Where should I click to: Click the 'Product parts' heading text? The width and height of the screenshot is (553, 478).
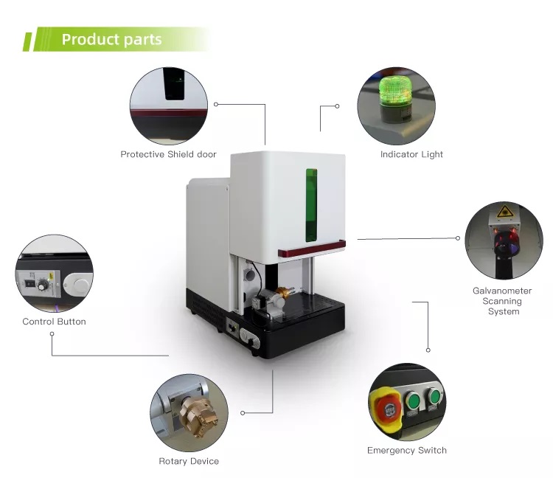[111, 39]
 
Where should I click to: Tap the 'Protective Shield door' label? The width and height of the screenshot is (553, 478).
[168, 155]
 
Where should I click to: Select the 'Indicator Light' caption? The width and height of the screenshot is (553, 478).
[411, 155]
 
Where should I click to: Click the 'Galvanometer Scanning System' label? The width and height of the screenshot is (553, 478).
[503, 301]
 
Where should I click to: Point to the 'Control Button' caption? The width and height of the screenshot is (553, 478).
[54, 322]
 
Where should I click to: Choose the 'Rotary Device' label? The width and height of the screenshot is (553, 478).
[189, 462]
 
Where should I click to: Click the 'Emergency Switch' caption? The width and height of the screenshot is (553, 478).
[406, 450]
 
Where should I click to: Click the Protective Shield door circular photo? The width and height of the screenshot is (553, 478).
[169, 105]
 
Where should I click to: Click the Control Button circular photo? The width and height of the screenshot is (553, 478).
[54, 274]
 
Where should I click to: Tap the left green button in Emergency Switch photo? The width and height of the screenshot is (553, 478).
[414, 401]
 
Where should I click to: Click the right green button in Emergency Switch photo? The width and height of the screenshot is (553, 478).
[434, 398]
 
